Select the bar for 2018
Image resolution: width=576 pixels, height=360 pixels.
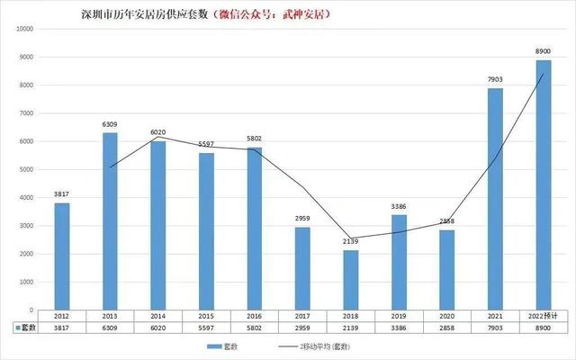click(350, 280)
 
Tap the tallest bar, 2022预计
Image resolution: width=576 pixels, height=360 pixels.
click(544, 184)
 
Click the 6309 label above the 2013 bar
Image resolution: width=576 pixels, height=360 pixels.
click(109, 125)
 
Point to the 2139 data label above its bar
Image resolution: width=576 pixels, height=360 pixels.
click(350, 241)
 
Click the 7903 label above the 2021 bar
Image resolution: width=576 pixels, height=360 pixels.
click(495, 80)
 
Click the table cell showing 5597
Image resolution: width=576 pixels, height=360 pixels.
click(205, 328)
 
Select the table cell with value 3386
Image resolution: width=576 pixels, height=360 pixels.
click(399, 328)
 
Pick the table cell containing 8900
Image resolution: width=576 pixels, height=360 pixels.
click(544, 328)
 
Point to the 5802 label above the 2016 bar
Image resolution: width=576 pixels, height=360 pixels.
click(254, 139)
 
